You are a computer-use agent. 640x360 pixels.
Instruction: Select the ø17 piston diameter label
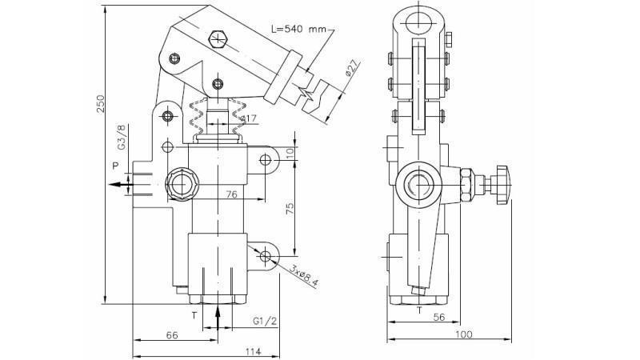249,120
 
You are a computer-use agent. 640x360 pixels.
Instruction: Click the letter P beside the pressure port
115,166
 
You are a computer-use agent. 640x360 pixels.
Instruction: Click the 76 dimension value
231,194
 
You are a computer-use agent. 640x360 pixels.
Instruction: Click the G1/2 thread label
265,322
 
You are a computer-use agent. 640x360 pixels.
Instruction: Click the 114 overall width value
252,352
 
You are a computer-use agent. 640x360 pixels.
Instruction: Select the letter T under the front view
194,315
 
